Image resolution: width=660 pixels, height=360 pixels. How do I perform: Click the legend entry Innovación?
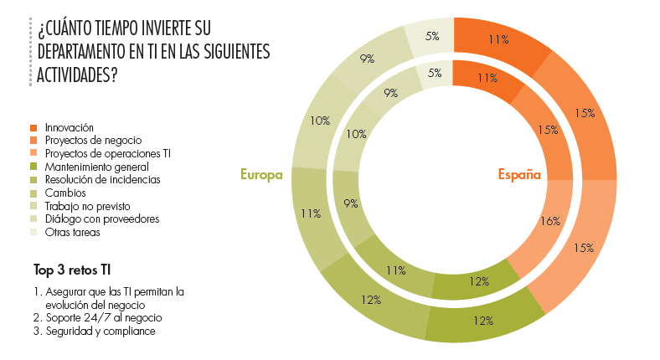[x=69, y=127]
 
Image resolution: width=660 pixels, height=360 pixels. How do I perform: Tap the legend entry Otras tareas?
[x=73, y=232]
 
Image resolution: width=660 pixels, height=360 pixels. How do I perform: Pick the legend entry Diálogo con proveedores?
[x=101, y=219]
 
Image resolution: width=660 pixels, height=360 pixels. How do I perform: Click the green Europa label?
[x=261, y=174]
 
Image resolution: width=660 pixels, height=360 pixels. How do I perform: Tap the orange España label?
[x=519, y=174]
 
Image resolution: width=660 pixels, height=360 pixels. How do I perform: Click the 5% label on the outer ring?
[x=433, y=36]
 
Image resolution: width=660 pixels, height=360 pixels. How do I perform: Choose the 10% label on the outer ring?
[x=319, y=121]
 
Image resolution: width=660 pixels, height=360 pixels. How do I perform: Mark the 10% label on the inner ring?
[x=356, y=134]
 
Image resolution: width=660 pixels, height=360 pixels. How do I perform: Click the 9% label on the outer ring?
[x=368, y=58]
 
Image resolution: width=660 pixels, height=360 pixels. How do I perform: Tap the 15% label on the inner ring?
[x=548, y=130]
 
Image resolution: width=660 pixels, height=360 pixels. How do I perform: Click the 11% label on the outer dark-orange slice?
[x=500, y=39]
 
